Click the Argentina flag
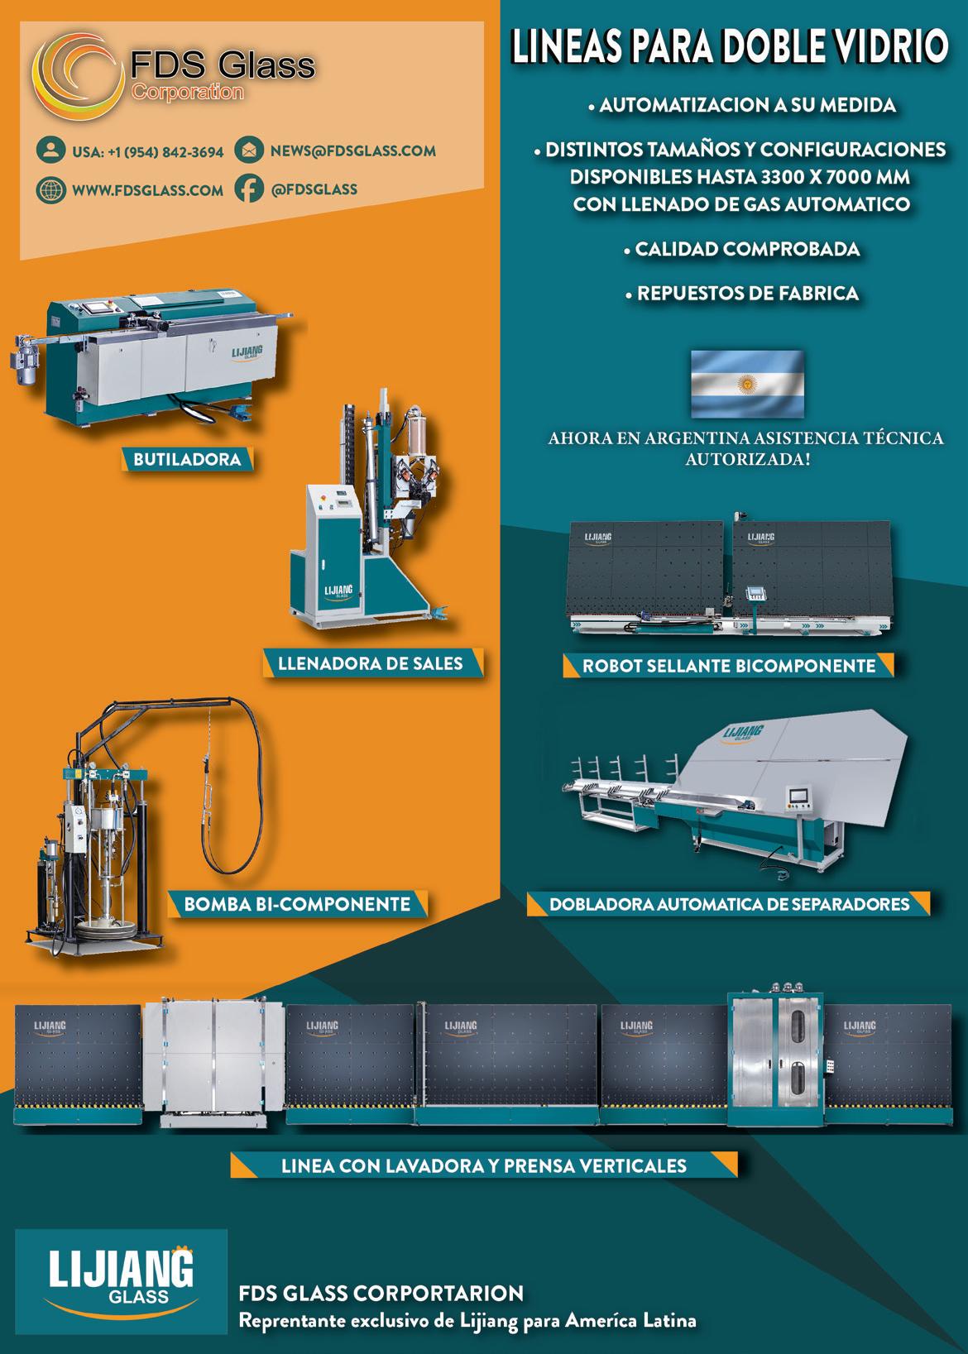pyautogui.click(x=747, y=383)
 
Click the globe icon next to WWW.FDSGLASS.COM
pyautogui.click(x=50, y=189)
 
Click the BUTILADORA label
pyautogui.click(x=187, y=460)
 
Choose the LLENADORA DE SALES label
pyautogui.click(x=371, y=663)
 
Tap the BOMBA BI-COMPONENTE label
pyautogui.click(x=297, y=904)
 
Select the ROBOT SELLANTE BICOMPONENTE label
pyautogui.click(x=728, y=666)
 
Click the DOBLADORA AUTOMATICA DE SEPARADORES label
pyautogui.click(x=729, y=904)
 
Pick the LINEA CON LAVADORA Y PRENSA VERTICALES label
pyautogui.click(x=484, y=1166)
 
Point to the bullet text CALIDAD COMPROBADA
pyautogui.click(x=747, y=249)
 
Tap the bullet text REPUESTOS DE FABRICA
pyautogui.click(x=747, y=293)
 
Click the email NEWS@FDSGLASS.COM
pyautogui.click(x=352, y=151)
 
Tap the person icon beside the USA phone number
pyautogui.click(x=50, y=151)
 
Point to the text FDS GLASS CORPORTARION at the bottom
pyautogui.click(x=381, y=1293)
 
